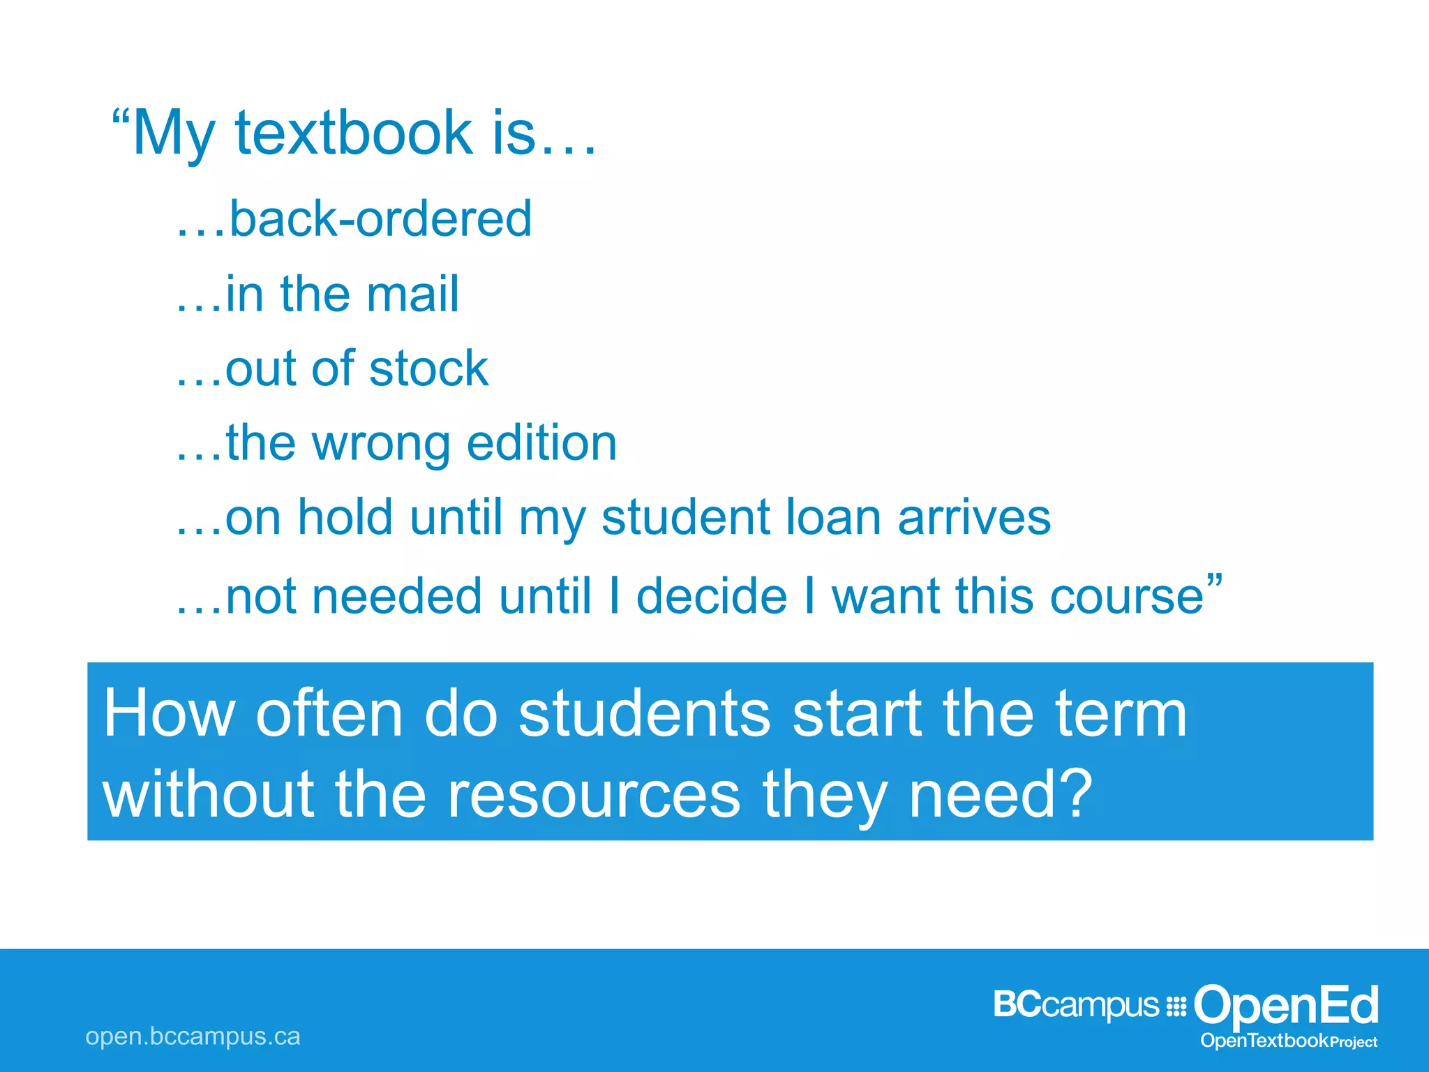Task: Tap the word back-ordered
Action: point(380,219)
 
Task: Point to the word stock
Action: point(428,368)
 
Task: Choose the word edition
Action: point(541,443)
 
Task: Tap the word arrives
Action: point(974,518)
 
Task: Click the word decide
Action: point(712,597)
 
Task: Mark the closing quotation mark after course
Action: point(1214,581)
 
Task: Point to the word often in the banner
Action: point(329,713)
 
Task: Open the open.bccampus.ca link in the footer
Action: point(193,1036)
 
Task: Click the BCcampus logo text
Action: point(1076,1005)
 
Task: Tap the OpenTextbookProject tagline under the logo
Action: point(1289,1041)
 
